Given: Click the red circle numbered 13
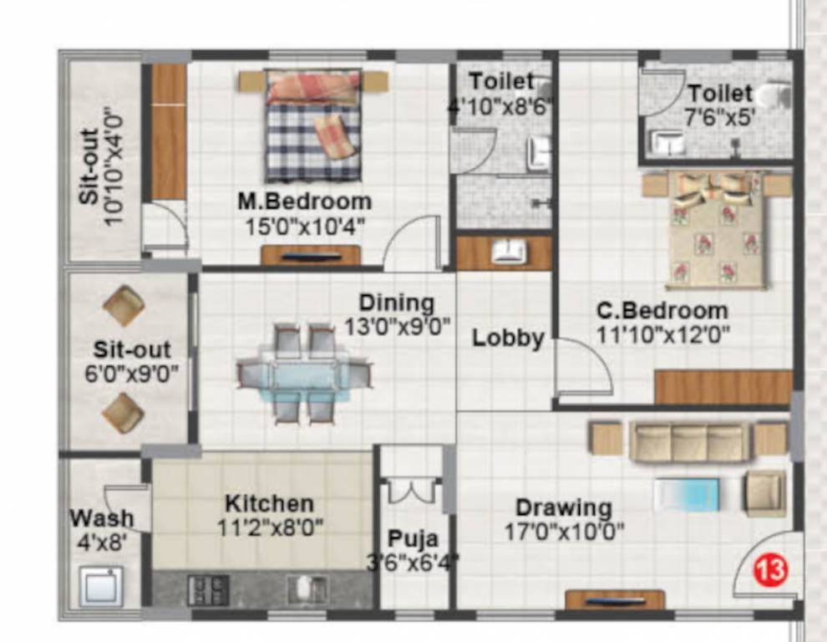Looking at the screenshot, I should (x=770, y=572).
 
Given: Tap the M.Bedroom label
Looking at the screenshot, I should (x=304, y=201).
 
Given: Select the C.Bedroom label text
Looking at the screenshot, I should (x=662, y=311).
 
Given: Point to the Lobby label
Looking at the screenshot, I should (x=508, y=339).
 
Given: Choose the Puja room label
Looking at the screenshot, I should (x=412, y=539).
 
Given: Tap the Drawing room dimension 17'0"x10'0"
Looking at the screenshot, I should (x=564, y=531).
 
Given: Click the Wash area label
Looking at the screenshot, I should (x=101, y=518).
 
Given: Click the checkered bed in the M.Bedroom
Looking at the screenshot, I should (x=313, y=125).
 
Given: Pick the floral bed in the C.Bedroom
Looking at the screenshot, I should (x=716, y=229).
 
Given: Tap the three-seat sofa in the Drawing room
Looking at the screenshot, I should (x=689, y=441).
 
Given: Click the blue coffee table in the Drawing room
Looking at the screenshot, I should (x=687, y=493).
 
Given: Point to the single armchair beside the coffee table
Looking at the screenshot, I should (x=764, y=492).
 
